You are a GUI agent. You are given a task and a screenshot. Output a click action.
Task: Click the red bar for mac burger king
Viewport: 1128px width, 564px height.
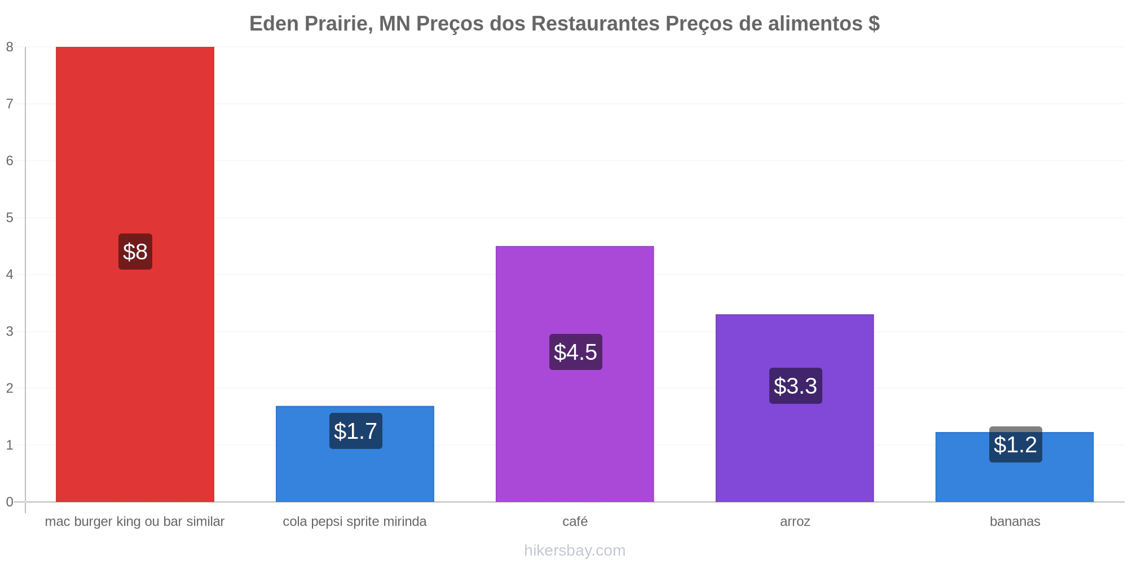point(135,274)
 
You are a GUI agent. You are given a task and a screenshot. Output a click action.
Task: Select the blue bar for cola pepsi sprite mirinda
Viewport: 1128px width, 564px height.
point(355,454)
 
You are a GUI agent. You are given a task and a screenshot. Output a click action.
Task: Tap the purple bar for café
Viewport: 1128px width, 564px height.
point(575,374)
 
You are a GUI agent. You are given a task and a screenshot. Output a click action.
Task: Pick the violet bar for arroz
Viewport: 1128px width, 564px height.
point(795,408)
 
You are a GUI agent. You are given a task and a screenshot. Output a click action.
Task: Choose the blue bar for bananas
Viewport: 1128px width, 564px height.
point(1015,467)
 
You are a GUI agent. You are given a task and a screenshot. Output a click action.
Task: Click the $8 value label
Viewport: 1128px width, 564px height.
point(135,252)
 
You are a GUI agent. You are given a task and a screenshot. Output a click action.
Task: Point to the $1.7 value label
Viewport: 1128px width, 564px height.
point(355,431)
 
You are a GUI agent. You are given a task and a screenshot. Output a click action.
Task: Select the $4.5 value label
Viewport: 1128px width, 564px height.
point(575,352)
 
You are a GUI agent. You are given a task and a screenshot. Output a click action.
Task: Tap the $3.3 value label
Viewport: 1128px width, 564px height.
point(795,386)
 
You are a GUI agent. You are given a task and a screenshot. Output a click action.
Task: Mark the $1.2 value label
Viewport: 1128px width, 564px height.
point(1015,444)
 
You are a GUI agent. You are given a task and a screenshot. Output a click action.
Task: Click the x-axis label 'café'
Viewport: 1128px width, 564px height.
point(575,521)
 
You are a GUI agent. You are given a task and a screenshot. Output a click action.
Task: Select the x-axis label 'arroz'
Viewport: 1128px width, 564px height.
point(795,522)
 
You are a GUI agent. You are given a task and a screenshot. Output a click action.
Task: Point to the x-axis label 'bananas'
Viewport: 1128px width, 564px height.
point(1015,521)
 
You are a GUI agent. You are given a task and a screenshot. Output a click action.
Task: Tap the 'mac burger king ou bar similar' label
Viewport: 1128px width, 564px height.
point(135,521)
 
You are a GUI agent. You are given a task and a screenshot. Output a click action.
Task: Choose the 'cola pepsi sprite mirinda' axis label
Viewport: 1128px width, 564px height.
point(355,521)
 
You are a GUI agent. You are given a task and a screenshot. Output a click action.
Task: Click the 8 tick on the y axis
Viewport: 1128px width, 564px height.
point(10,47)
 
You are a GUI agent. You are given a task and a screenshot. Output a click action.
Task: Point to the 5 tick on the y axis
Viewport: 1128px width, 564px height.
point(10,218)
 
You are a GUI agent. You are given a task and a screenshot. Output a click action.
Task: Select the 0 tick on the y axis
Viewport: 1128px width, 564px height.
point(10,502)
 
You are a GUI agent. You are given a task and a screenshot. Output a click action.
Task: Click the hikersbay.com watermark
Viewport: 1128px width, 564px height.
point(575,550)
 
